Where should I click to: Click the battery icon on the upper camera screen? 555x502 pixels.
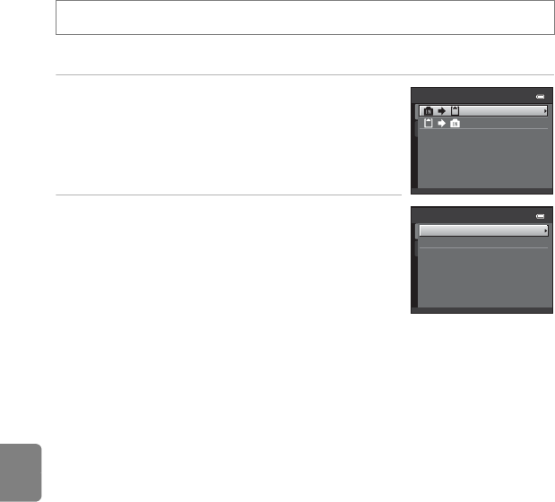(x=539, y=96)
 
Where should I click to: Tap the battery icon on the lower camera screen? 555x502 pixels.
(x=539, y=216)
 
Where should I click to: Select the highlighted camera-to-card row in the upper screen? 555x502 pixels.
(x=483, y=110)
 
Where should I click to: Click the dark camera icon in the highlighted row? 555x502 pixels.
(x=428, y=110)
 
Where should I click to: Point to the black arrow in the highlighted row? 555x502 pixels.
(x=441, y=110)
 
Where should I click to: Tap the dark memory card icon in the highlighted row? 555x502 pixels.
(x=455, y=110)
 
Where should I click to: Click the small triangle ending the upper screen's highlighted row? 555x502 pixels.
(x=545, y=110)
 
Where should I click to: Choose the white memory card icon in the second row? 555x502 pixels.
(x=427, y=123)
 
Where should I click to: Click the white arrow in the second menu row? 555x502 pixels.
(x=441, y=123)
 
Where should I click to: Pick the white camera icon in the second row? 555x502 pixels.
(x=455, y=123)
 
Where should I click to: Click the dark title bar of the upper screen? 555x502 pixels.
(x=475, y=96)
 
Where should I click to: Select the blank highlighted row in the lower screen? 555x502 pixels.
(x=483, y=230)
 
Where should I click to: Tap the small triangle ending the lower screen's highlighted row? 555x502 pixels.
(x=545, y=230)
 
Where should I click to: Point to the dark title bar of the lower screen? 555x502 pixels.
(x=475, y=216)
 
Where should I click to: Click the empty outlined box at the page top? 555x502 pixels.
(x=303, y=18)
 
